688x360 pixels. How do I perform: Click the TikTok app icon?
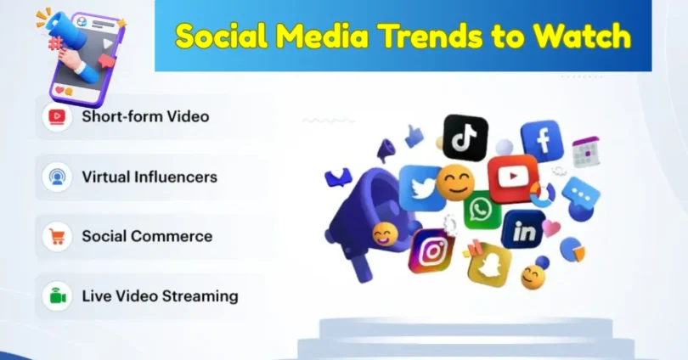point(465,137)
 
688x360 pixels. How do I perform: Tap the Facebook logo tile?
point(541,141)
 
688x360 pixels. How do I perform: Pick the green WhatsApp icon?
point(482,209)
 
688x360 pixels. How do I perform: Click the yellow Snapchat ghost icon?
point(489,265)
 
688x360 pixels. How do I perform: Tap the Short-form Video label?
point(145,116)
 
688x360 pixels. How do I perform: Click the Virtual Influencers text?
point(149,177)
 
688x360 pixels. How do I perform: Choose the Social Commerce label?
point(147,236)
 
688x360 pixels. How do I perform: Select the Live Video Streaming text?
point(160,296)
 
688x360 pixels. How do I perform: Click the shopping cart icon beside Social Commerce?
point(58,237)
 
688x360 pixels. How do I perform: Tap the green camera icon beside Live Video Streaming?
point(58,297)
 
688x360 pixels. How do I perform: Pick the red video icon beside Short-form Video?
point(58,117)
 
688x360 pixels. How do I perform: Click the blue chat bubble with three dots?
point(581,193)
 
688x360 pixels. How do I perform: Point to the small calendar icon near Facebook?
point(585,152)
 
